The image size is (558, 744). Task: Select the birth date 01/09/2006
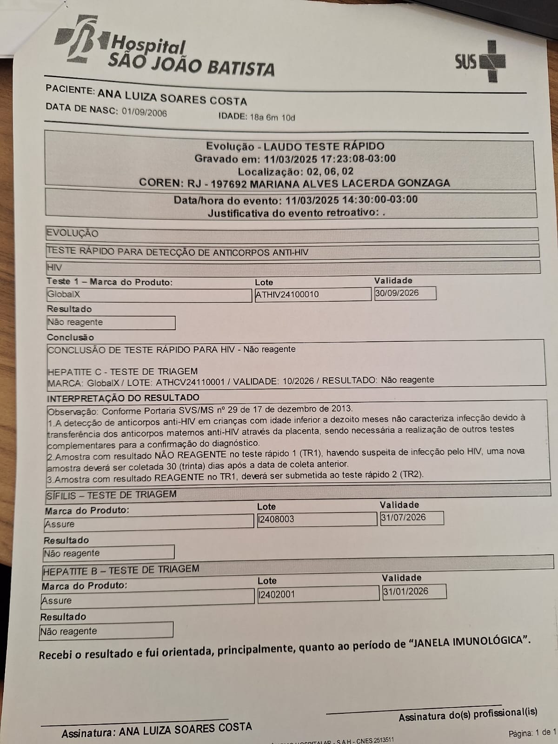(144, 112)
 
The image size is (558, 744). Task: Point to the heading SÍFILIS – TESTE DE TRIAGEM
(112, 495)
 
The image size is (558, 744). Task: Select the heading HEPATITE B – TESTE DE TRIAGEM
(121, 570)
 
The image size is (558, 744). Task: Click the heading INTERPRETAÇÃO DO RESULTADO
(123, 398)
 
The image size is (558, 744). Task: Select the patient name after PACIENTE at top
(172, 96)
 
